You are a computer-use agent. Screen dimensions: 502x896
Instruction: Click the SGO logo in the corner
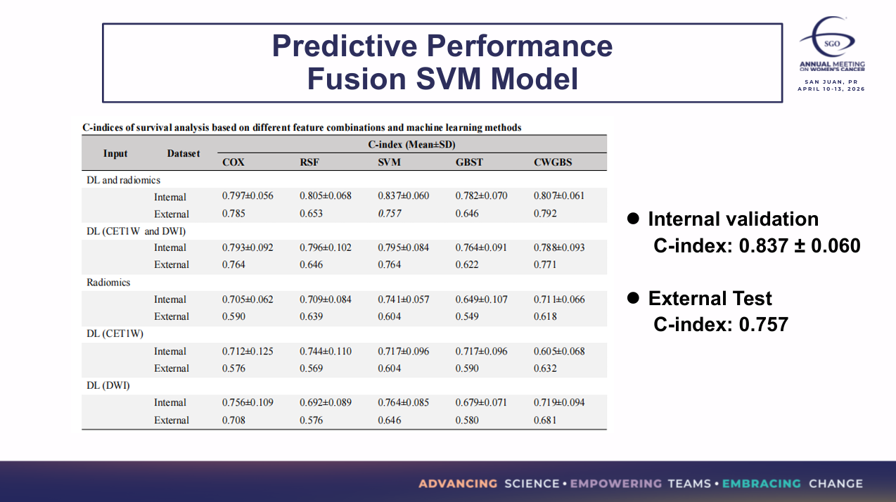[831, 44]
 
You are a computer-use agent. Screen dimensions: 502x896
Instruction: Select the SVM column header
[389, 162]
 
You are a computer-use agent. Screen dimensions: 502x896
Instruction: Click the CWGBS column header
[553, 162]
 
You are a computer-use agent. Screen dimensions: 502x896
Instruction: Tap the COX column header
[233, 162]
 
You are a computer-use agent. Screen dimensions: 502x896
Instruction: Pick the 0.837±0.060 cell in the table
[403, 196]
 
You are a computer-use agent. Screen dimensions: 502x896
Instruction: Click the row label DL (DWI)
[108, 385]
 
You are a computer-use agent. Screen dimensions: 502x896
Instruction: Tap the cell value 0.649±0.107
[481, 300]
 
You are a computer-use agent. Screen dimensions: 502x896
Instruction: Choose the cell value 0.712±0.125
[248, 352]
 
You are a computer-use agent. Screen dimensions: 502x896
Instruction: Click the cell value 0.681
[545, 420]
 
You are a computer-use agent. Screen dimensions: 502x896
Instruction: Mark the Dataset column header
[184, 153]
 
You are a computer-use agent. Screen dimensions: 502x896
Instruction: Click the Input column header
[115, 153]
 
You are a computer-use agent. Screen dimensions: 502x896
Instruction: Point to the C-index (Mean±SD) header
[411, 145]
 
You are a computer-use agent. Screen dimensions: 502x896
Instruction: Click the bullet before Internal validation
[632, 219]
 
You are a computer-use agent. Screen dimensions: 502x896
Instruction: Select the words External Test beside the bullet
[710, 299]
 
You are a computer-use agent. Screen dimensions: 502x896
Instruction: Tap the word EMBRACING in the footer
[762, 484]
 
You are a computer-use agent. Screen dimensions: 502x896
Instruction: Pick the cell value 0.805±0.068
[326, 196]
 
